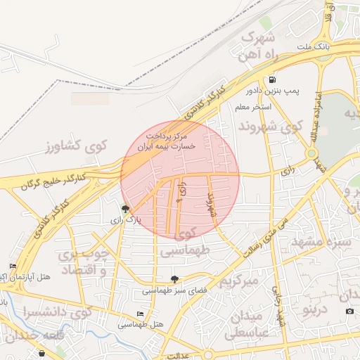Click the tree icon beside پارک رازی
pos(125,209)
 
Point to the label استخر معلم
pos(251,107)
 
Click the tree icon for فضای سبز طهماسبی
pos(174,279)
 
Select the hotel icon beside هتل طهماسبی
pos(141,314)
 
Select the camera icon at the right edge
pos(349,311)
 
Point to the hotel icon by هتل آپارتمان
pos(13,266)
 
